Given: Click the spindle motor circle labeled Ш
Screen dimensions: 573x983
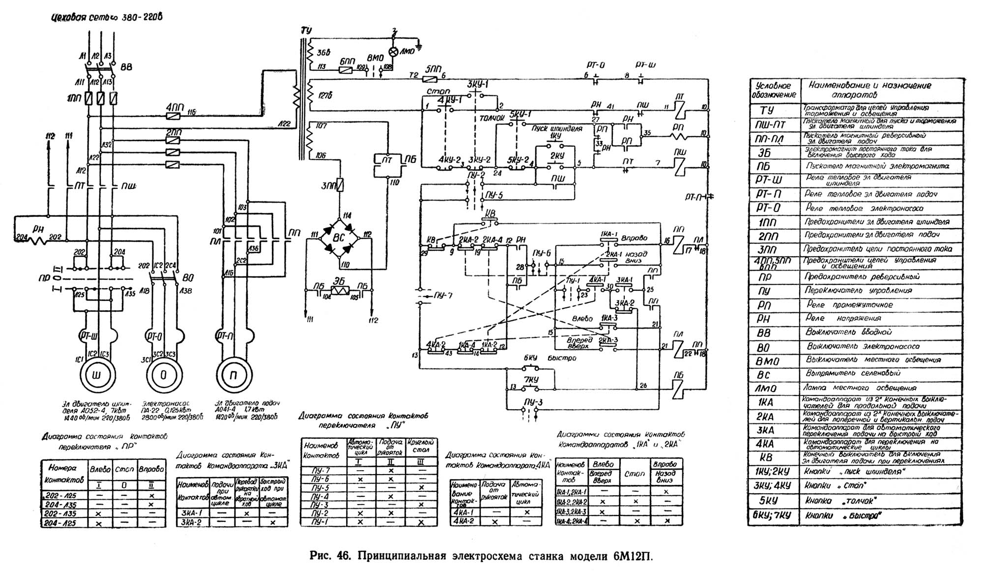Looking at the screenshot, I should [x=96, y=375].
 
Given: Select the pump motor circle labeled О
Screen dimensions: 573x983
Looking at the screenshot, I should [x=164, y=375].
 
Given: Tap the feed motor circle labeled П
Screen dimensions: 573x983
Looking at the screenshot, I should [x=233, y=375].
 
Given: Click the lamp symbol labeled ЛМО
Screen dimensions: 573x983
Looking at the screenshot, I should [x=393, y=52].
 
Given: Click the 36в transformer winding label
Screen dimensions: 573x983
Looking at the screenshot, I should [x=323, y=52].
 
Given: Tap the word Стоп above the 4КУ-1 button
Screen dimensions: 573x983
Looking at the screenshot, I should [x=438, y=92].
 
